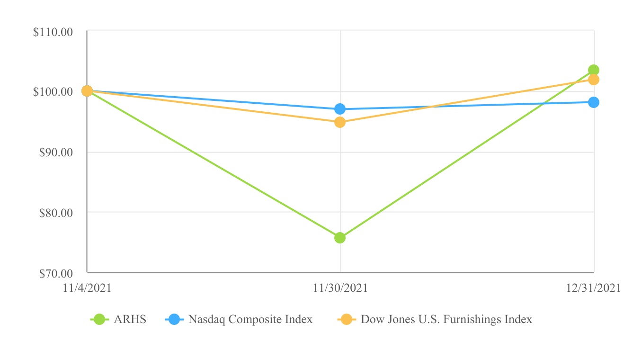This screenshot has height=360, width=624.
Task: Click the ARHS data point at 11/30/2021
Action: (x=340, y=238)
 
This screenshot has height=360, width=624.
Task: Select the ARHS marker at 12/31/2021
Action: (x=593, y=70)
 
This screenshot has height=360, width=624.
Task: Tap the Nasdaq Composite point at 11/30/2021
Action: (x=340, y=109)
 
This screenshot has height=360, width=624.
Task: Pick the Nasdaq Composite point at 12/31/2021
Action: (x=594, y=102)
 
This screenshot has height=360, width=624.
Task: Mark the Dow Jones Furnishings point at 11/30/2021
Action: (x=340, y=122)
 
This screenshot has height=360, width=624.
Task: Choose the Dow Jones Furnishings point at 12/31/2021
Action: (x=593, y=80)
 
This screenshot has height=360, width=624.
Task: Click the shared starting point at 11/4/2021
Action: (x=87, y=91)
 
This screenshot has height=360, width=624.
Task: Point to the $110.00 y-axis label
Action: (x=53, y=32)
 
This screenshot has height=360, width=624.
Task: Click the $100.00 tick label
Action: (x=53, y=91)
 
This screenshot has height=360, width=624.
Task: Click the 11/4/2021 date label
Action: (x=87, y=288)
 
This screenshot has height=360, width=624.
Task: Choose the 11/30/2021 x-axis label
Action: (x=340, y=288)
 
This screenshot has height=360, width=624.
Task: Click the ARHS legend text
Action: (x=130, y=319)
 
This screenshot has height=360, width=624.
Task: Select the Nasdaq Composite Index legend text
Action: (x=250, y=319)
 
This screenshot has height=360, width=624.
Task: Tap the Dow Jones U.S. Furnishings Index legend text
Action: (x=446, y=319)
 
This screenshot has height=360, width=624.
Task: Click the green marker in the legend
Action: (x=99, y=320)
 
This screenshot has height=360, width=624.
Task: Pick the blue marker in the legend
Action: (x=174, y=320)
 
